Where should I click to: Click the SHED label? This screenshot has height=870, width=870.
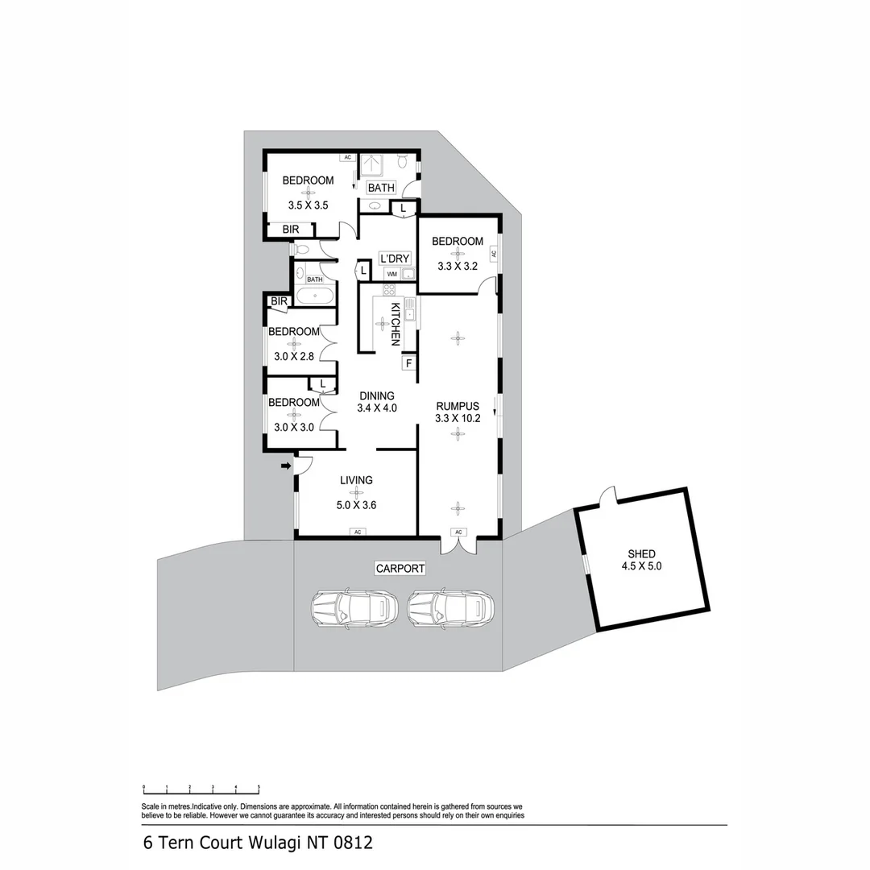tap(642, 553)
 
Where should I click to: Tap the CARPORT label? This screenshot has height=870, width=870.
tap(400, 569)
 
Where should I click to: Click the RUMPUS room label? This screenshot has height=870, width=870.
tap(458, 406)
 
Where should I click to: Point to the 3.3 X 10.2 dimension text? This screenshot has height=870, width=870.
tap(458, 418)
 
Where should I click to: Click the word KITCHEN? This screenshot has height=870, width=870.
tap(395, 324)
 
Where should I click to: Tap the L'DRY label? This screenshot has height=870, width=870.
tap(395, 259)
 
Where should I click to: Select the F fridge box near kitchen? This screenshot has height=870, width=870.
tap(408, 363)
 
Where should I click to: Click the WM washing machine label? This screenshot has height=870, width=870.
tap(391, 274)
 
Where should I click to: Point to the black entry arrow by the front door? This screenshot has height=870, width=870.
tap(285, 466)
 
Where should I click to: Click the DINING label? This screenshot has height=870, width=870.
tap(376, 396)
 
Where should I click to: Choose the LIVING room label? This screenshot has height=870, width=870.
tap(356, 480)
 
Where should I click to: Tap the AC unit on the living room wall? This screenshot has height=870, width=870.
tap(356, 532)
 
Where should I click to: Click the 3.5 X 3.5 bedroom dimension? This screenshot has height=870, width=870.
tap(308, 205)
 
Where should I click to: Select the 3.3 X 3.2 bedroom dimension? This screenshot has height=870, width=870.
tap(458, 265)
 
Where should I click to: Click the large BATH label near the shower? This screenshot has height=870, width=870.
tap(381, 188)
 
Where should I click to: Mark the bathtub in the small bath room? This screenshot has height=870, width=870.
tap(314, 295)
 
